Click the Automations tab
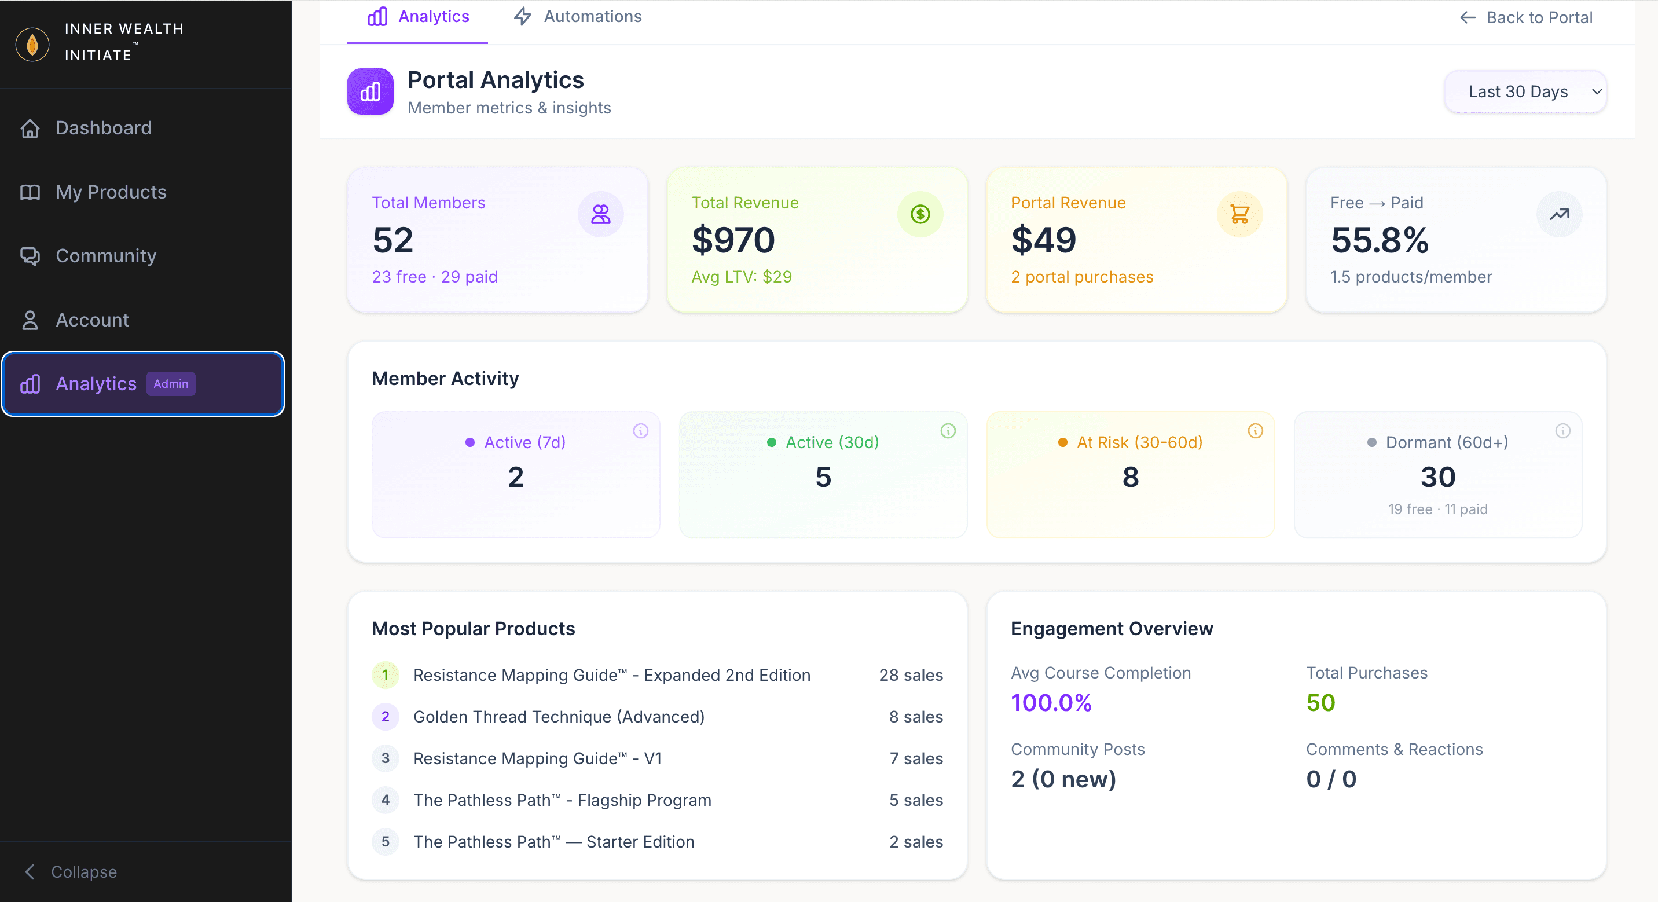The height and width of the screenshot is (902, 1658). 577,17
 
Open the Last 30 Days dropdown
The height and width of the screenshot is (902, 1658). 1525,92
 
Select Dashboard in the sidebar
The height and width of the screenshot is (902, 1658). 103,128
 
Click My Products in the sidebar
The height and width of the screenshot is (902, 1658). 111,192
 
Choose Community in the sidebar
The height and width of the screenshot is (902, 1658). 105,255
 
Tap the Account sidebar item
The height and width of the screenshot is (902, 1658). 92,320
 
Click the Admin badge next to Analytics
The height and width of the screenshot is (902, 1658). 171,384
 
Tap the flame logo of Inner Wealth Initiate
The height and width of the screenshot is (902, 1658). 32,45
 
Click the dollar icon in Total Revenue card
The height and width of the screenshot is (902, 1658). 920,214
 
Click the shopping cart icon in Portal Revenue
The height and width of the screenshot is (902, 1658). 1239,214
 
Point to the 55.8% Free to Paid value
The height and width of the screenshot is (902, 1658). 1380,240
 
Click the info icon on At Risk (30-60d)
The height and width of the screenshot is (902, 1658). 1255,431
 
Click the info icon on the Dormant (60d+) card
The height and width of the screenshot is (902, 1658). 1562,431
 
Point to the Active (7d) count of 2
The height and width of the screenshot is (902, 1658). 516,477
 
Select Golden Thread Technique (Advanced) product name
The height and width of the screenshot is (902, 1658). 559,717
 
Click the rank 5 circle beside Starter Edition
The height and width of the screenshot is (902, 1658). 385,841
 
